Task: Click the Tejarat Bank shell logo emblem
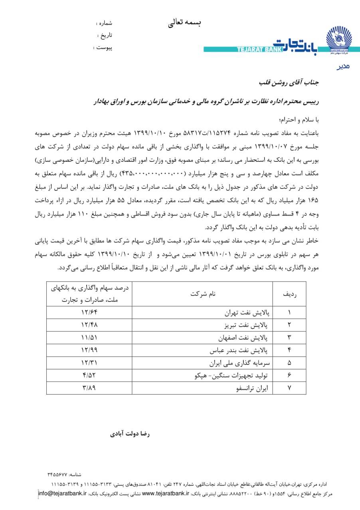(339, 40)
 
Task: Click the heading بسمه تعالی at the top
(184, 23)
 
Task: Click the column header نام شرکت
(203, 294)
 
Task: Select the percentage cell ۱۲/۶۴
(89, 312)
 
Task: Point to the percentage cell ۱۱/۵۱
(89, 337)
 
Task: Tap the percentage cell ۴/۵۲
(89, 376)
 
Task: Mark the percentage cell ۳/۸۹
(89, 388)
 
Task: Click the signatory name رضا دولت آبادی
(130, 433)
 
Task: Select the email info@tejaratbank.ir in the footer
(63, 493)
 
